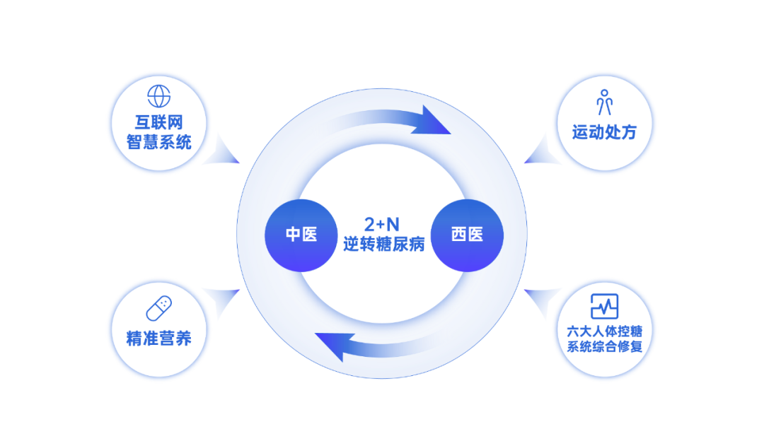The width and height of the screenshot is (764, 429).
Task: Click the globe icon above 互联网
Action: coord(158,96)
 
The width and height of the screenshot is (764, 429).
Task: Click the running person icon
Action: coord(604,102)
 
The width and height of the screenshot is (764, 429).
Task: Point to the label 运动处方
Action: coord(604,132)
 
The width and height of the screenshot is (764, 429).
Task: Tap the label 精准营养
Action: coord(158,338)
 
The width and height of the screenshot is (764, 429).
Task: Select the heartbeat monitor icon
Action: coord(604,306)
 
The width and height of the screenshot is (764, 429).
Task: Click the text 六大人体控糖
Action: coord(604,331)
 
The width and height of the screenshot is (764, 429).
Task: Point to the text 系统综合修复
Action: coord(604,347)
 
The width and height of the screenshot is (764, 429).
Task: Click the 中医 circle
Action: coord(301,235)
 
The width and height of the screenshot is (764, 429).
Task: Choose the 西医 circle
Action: coord(467,235)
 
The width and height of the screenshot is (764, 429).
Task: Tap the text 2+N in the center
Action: coord(382,224)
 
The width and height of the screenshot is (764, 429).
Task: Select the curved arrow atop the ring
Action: coord(382,125)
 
